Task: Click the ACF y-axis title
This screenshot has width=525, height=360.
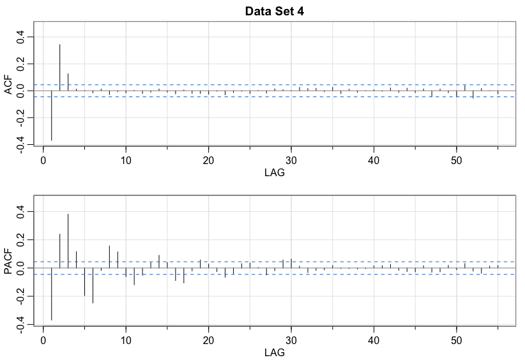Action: point(9,84)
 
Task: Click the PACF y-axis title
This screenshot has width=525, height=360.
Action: point(9,262)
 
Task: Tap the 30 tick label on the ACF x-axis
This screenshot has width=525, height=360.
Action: point(291,159)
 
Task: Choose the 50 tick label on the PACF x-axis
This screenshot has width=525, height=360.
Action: point(457,338)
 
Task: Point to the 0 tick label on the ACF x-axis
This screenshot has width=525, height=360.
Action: point(43,159)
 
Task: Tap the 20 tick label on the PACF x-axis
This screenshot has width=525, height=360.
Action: point(208,338)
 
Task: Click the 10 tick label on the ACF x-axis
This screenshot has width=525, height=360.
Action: point(126,159)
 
